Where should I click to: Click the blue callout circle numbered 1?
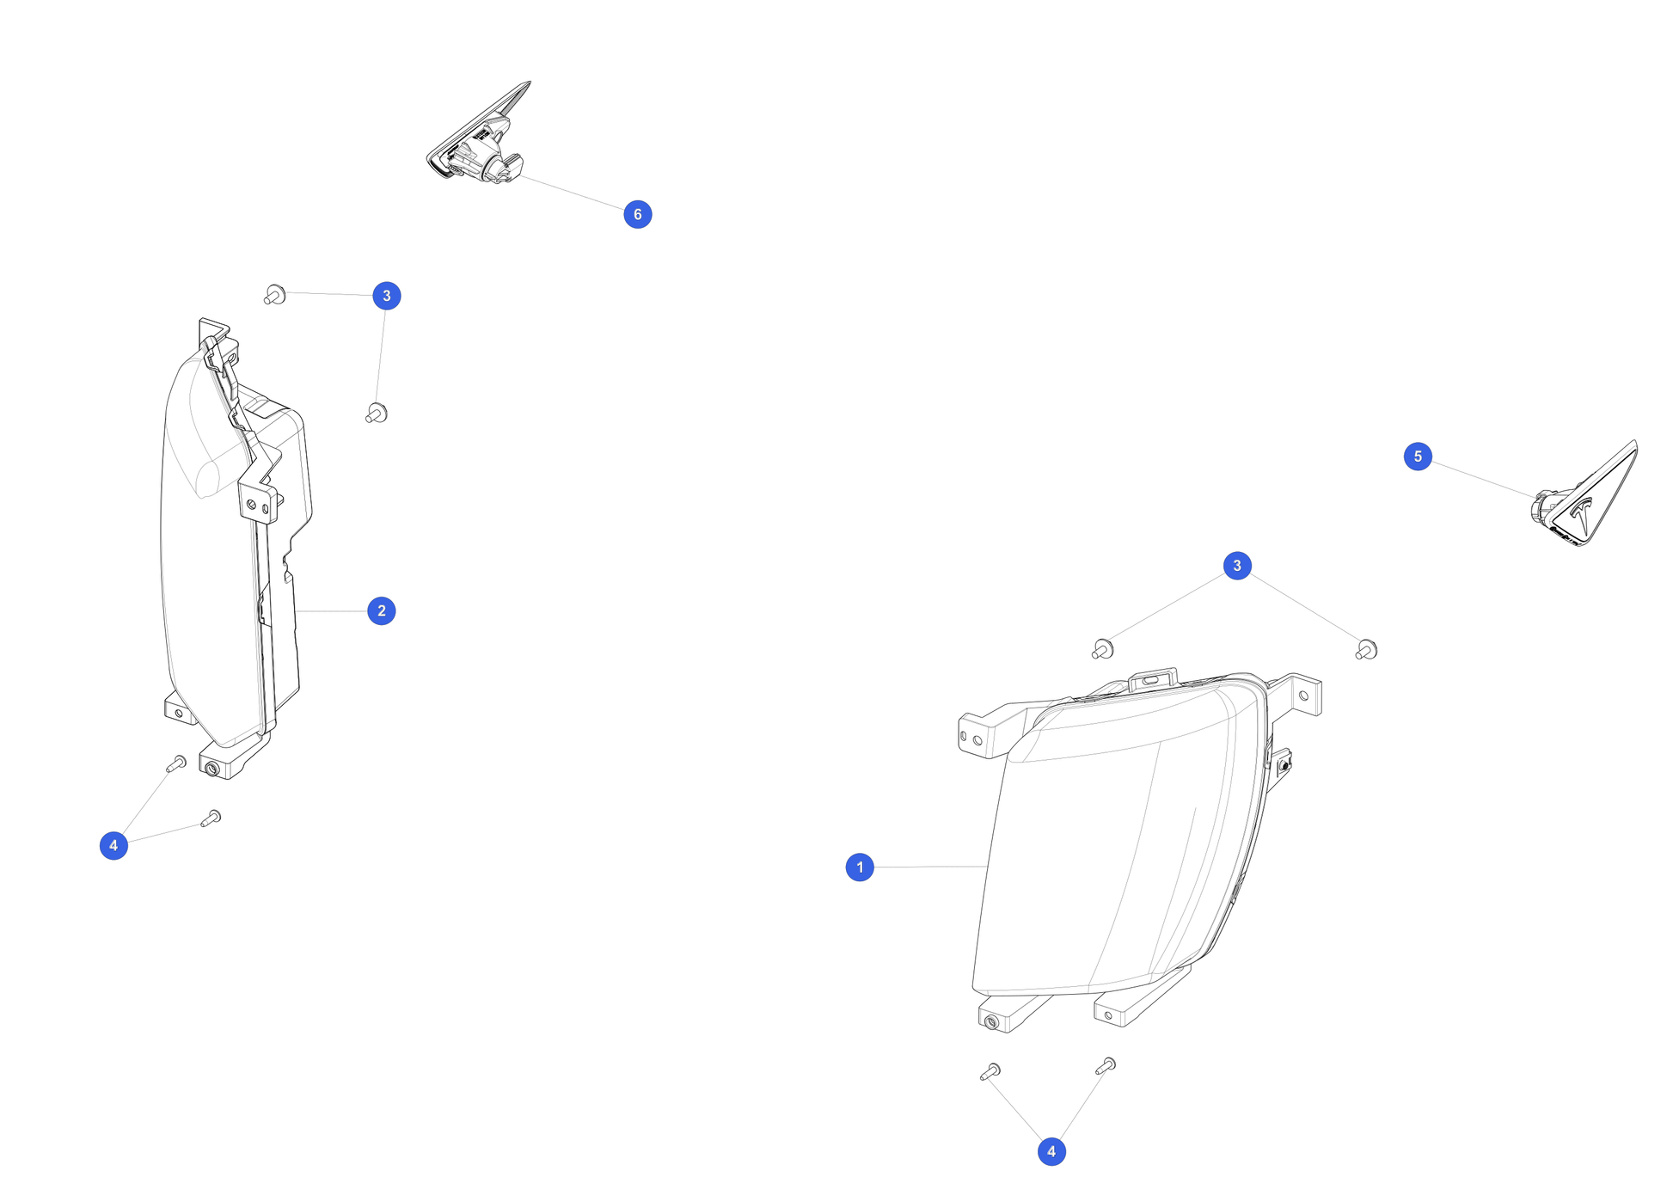[x=860, y=867]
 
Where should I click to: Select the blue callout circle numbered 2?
[x=382, y=611]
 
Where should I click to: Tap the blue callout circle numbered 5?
[x=1418, y=457]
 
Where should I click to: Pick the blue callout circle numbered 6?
[x=638, y=214]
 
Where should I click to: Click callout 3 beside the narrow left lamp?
[x=387, y=296]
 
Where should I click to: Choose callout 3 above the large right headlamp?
[x=1237, y=566]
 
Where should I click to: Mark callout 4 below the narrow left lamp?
[x=113, y=845]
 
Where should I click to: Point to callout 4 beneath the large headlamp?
[x=1051, y=1152]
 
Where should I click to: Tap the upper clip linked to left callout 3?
[x=275, y=295]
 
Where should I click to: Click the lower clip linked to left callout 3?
[x=377, y=413]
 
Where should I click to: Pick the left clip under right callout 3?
[x=1103, y=649]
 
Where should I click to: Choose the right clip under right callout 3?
[x=1367, y=650]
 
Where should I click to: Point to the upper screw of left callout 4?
[x=176, y=763]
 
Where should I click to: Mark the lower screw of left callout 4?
[x=211, y=818]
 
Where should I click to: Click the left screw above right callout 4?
[x=990, y=1071]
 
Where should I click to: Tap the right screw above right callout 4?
[x=1106, y=1066]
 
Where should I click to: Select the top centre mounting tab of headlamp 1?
[x=1153, y=679]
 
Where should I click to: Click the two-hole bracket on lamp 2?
[x=258, y=505]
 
